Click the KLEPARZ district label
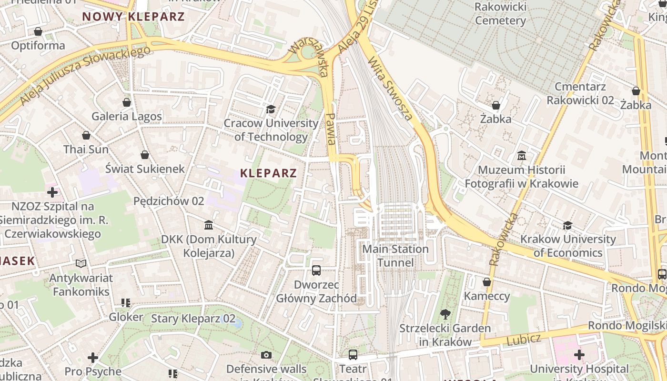tap(268, 173)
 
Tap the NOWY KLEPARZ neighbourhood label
tap(133, 17)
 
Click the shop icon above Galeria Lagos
tap(127, 102)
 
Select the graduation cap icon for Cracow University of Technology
tap(271, 110)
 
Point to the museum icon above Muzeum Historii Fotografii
tap(521, 156)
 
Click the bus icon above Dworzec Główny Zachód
tap(316, 271)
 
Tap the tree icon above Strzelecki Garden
tap(445, 314)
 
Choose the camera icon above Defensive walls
tap(266, 355)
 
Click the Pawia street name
tap(331, 129)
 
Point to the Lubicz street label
tap(524, 340)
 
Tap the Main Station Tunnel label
tap(395, 256)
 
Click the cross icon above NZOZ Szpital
tap(52, 192)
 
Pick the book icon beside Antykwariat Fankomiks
tap(81, 263)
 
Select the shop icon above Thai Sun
tap(86, 135)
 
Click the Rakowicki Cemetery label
tap(500, 13)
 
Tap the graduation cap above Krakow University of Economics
tap(567, 225)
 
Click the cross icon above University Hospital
tap(579, 355)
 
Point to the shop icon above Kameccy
tap(486, 282)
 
